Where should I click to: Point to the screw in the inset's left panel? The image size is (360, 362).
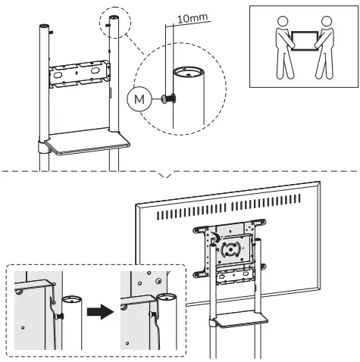(57, 313)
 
